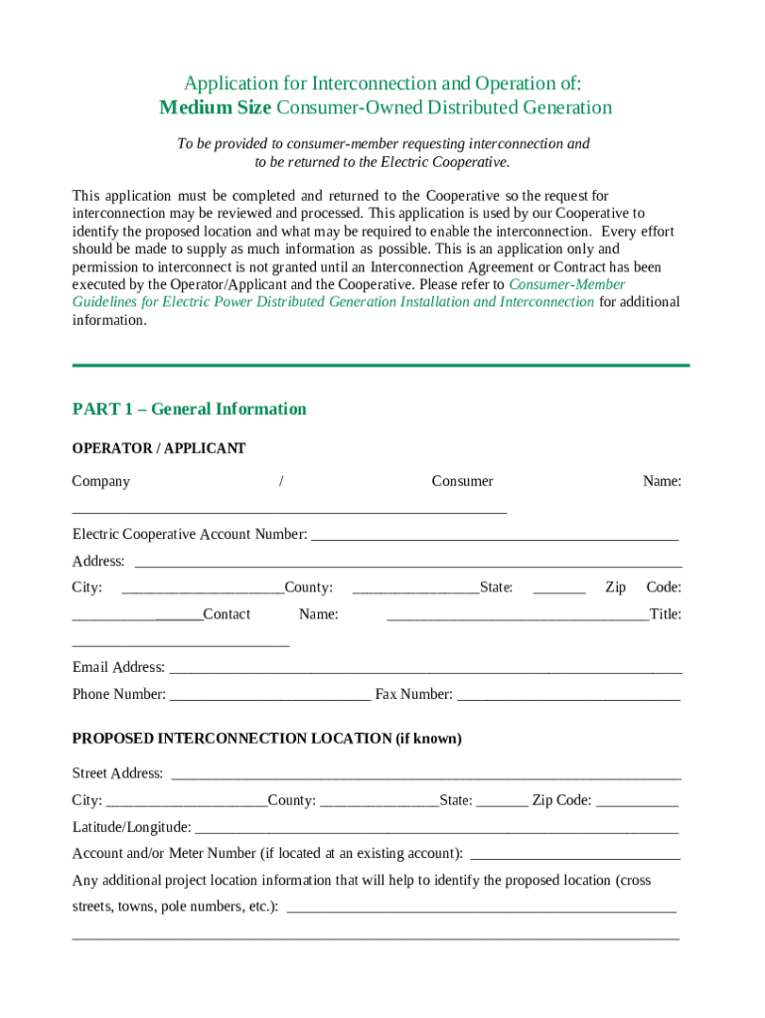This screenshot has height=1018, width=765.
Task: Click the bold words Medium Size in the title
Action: (215, 107)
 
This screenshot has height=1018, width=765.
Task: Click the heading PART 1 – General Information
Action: (189, 409)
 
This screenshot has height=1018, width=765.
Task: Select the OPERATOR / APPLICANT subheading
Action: (158, 448)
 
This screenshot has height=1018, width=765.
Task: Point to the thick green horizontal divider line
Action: (381, 366)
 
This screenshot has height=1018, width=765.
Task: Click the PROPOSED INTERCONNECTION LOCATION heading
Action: (266, 739)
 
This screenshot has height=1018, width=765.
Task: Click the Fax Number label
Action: (413, 694)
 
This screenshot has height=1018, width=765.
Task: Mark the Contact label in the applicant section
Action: (227, 614)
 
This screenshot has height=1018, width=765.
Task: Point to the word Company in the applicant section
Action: (100, 481)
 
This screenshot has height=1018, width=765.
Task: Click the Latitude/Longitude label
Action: (131, 827)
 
